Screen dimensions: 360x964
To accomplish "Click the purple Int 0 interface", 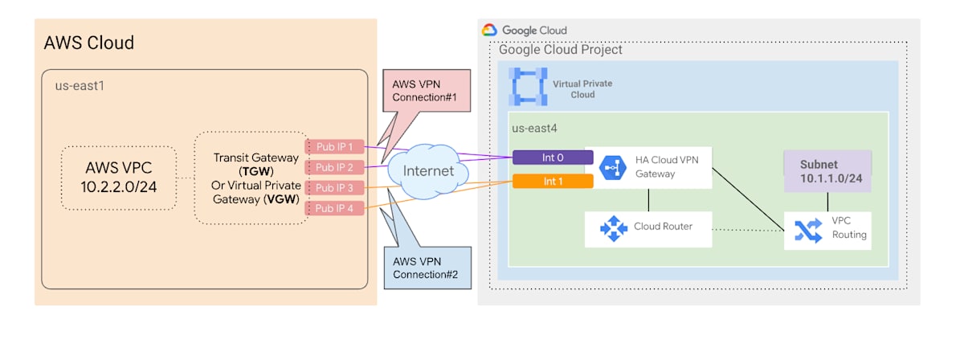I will click(x=553, y=157).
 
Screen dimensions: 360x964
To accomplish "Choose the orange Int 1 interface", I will click(x=553, y=181).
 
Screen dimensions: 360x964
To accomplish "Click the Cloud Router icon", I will click(x=614, y=228).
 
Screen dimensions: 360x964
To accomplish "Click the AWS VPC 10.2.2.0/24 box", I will click(x=119, y=178).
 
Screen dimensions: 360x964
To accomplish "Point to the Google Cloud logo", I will click(x=490, y=31).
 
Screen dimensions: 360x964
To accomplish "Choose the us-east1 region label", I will click(x=74, y=85).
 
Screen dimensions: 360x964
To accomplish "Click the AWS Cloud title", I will click(x=88, y=43).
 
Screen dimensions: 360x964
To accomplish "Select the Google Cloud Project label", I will click(x=560, y=50).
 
